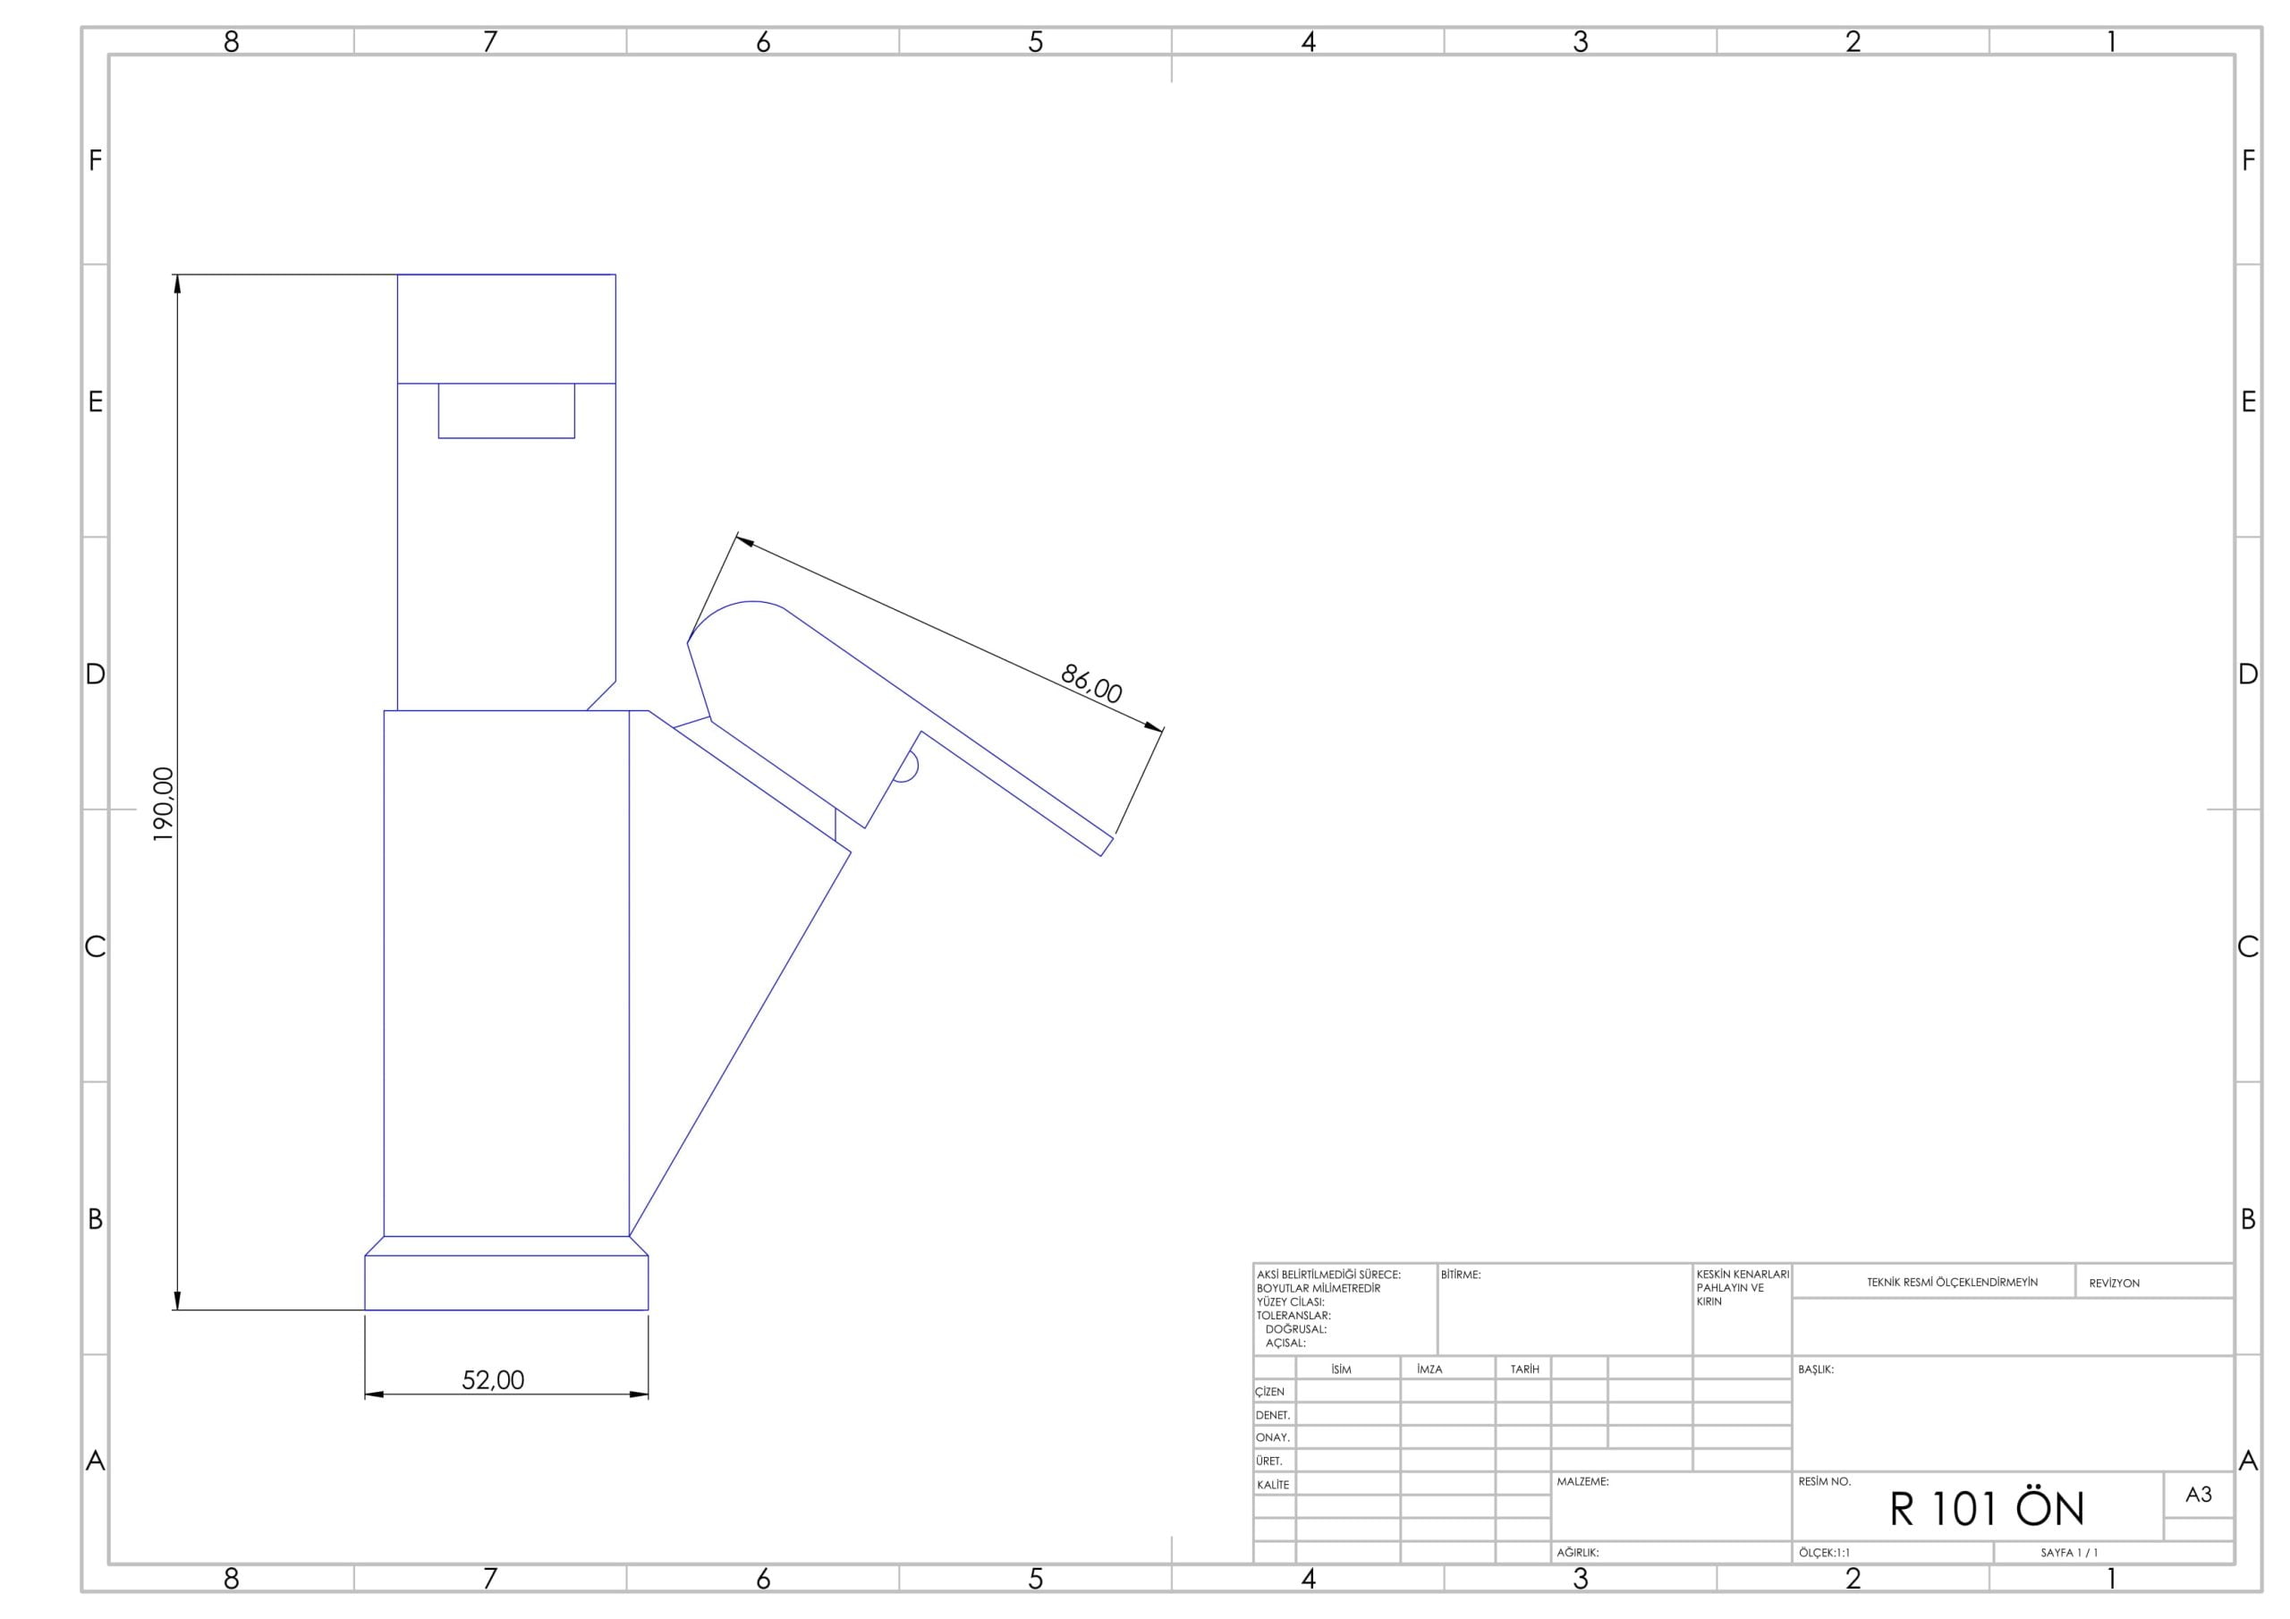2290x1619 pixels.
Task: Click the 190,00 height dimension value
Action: click(x=164, y=804)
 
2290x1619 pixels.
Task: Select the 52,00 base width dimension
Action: click(x=493, y=1379)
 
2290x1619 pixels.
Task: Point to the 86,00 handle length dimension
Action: click(x=1091, y=683)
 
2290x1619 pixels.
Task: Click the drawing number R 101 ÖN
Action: click(x=1987, y=1508)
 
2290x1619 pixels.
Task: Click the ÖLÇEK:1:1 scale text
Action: click(x=1824, y=1553)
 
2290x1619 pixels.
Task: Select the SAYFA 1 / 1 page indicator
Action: click(x=2068, y=1553)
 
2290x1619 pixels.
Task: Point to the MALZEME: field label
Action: click(x=1582, y=1482)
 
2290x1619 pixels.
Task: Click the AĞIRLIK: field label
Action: click(x=1578, y=1553)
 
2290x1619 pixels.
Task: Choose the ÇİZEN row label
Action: click(x=1269, y=1392)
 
